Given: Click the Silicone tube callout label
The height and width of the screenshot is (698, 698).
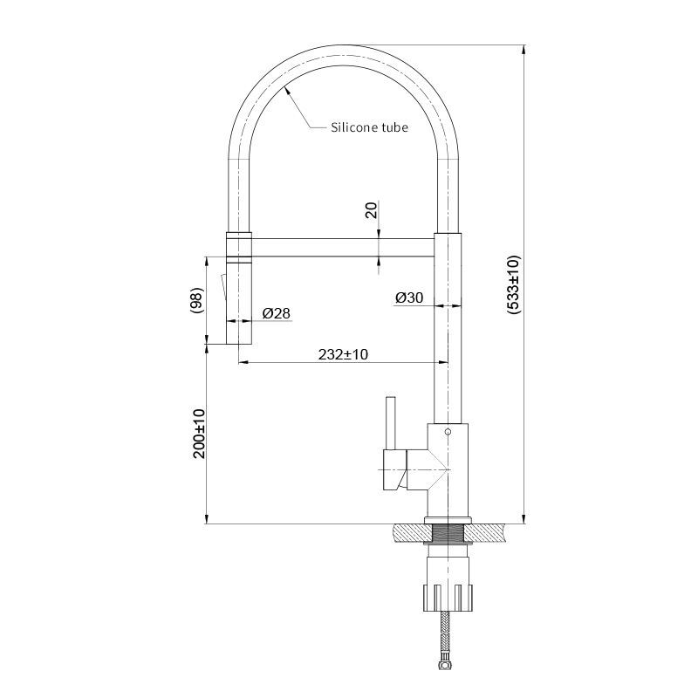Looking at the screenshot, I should point(369,127).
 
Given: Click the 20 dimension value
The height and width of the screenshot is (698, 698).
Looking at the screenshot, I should point(371,209).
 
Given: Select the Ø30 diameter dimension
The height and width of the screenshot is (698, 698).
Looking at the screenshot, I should point(409,298).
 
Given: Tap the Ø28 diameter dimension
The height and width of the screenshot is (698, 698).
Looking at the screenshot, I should point(276,313).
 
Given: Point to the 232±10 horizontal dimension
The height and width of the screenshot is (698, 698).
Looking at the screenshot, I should point(343,354).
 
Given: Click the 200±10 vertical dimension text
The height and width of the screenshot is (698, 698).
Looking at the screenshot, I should point(199,434).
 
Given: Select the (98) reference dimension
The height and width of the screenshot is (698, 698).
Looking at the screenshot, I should point(196,301).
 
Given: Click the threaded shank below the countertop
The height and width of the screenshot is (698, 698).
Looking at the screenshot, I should point(447,533).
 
